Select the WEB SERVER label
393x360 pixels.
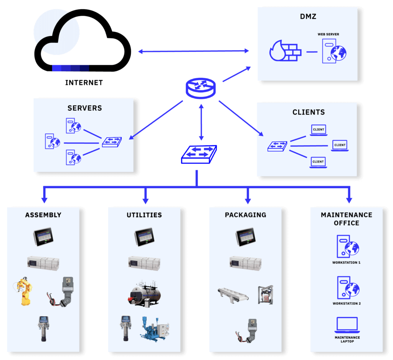(328, 35)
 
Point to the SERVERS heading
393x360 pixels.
(85, 108)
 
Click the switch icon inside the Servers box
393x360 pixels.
(112, 143)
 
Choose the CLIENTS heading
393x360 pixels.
(309, 112)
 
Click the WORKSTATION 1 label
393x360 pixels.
(346, 263)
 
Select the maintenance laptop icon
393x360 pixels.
(347, 325)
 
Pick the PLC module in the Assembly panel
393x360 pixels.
(43, 263)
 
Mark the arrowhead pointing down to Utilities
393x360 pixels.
(145, 200)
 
